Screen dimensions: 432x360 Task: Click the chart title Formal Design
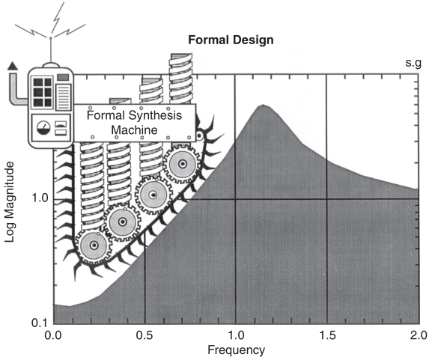click(231, 40)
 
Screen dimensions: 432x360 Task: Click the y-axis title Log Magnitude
click(10, 202)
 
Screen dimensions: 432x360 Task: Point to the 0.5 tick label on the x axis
click(144, 335)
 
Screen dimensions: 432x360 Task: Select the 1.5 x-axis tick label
click(328, 335)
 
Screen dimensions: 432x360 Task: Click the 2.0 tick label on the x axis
click(419, 335)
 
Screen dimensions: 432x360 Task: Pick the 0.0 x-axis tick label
click(53, 335)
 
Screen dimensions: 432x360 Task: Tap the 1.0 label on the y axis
click(40, 198)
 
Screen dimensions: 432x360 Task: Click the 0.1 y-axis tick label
click(40, 323)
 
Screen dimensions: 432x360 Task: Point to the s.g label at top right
click(413, 63)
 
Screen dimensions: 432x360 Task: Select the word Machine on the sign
click(134, 129)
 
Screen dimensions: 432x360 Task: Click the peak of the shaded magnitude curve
click(263, 105)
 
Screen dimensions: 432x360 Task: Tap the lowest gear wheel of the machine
click(94, 245)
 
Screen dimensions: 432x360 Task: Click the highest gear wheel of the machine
click(182, 164)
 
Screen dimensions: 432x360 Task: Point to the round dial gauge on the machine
click(44, 127)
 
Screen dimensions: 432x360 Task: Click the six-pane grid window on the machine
click(43, 92)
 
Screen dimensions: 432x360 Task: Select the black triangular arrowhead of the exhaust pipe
click(13, 66)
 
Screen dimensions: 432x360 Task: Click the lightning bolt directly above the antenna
click(58, 17)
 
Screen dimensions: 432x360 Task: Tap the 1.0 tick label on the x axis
click(236, 335)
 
